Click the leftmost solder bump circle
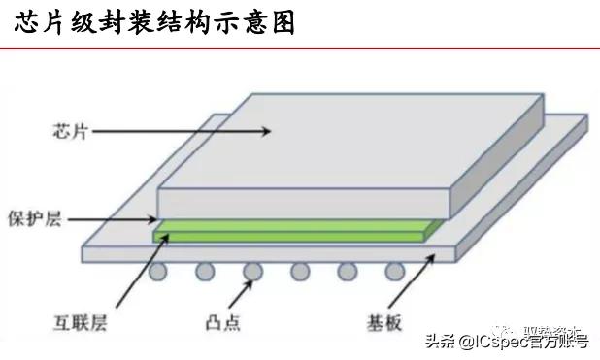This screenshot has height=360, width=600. [159, 271]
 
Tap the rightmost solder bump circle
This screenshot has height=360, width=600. [394, 271]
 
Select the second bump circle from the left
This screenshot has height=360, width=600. [206, 271]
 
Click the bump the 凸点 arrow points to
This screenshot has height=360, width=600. [253, 271]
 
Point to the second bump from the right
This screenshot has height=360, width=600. [347, 271]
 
